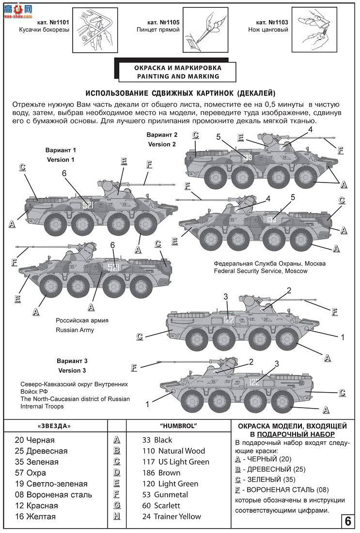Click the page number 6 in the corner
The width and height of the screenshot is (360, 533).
pyautogui.click(x=348, y=521)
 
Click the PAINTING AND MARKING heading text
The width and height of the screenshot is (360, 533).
pyautogui.click(x=177, y=76)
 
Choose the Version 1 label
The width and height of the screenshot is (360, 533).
pyautogui.click(x=61, y=159)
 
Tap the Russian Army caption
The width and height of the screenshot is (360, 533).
pyautogui.click(x=75, y=330)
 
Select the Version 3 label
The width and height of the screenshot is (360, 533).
pyautogui.click(x=72, y=370)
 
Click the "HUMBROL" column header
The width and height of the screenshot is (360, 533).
pyautogui.click(x=177, y=426)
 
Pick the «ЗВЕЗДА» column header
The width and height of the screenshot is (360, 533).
pyautogui.click(x=54, y=426)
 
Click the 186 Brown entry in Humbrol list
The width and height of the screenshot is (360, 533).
pyautogui.click(x=167, y=473)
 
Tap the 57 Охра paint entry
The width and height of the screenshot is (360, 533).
pyautogui.click(x=30, y=473)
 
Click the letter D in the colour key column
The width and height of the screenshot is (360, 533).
pyautogui.click(x=116, y=473)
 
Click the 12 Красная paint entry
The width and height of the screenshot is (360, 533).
pyautogui.click(x=36, y=506)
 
